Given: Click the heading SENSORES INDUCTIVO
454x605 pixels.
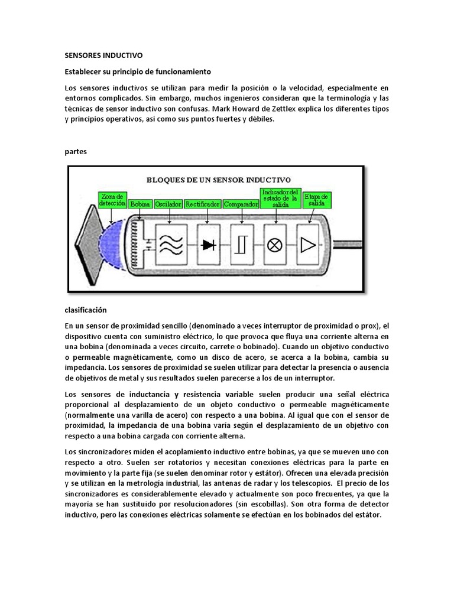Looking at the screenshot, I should click(x=103, y=56).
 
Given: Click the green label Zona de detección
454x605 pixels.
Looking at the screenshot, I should click(x=112, y=199).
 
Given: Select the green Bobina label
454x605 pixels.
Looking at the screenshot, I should click(x=141, y=204).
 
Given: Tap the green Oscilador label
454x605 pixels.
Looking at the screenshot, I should click(x=168, y=204).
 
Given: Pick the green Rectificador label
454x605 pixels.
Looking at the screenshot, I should click(x=203, y=204).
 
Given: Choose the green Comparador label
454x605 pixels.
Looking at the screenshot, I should click(x=241, y=204).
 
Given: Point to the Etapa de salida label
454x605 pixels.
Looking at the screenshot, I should click(x=316, y=199).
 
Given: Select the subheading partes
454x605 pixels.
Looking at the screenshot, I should click(x=76, y=151).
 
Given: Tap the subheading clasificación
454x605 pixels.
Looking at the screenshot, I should click(x=86, y=310).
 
